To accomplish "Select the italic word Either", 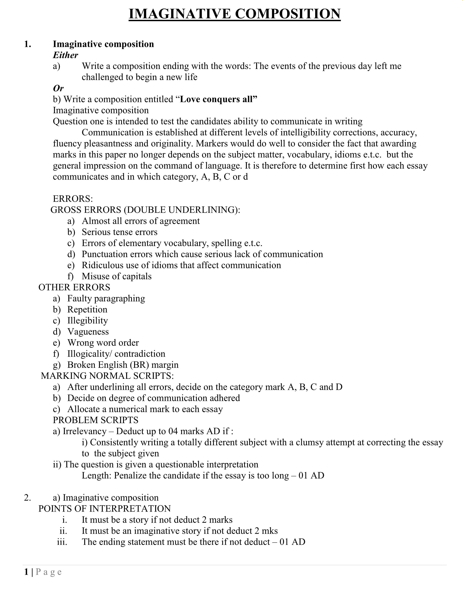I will point(65,55).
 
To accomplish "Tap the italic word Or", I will point(58,88).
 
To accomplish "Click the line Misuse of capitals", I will point(116,276).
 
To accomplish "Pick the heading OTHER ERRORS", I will point(74,288).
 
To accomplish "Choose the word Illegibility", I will point(88,321).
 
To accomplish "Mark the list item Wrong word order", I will point(103,343).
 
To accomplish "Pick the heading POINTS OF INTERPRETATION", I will point(105,509).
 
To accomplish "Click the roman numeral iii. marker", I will point(62,542).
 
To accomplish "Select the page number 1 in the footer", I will point(26,572).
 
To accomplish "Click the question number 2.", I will point(27,498).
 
